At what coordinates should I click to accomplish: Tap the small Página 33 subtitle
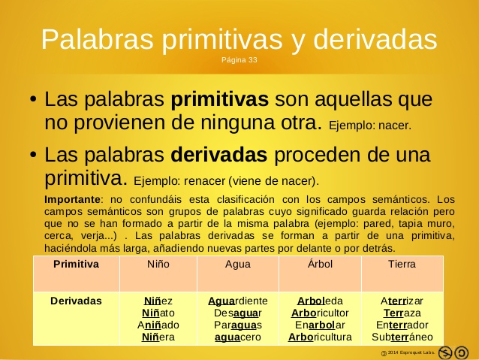[x=239, y=59]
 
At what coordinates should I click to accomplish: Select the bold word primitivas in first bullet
[x=220, y=99]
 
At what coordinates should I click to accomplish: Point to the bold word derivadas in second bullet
[x=219, y=156]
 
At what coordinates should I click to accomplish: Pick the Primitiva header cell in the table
[x=76, y=265]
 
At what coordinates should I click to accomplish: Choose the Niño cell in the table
[x=158, y=265]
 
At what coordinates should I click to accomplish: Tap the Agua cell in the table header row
[x=238, y=265]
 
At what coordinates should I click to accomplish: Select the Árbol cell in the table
[x=320, y=265]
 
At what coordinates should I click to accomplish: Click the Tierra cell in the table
[x=402, y=265]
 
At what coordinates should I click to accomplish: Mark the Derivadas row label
[x=76, y=301]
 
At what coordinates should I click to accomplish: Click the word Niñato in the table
[x=158, y=313]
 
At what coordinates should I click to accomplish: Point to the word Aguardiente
[x=237, y=301]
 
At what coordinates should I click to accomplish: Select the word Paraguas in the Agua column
[x=237, y=325]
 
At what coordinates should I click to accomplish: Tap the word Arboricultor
[x=320, y=313]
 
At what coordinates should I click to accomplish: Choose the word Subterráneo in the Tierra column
[x=402, y=337]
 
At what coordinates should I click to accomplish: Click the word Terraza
[x=402, y=313]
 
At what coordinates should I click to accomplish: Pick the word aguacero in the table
[x=237, y=337]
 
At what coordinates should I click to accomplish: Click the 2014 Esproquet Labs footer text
[x=410, y=352]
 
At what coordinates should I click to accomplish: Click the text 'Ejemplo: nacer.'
[x=370, y=125]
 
